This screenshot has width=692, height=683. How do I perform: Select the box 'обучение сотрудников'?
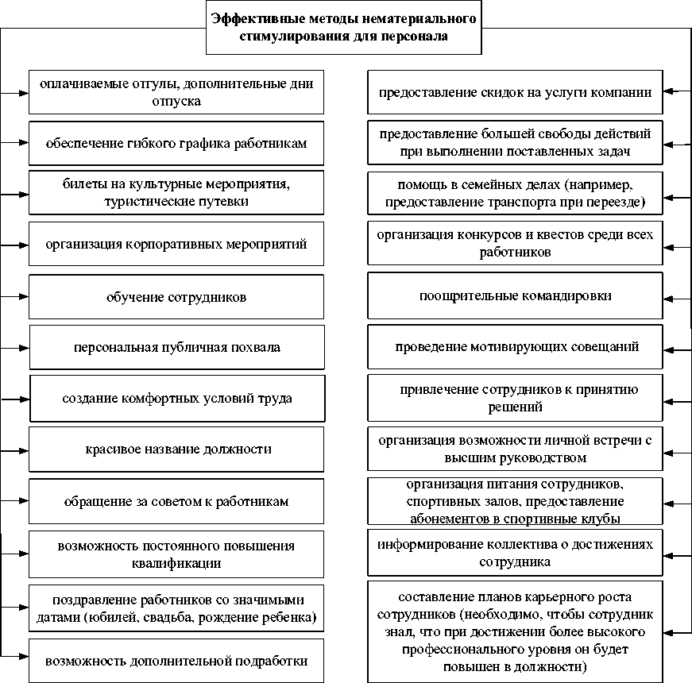tap(176, 297)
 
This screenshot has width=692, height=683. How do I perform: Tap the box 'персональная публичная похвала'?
tap(177, 347)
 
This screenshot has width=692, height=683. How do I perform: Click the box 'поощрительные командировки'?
tap(515, 296)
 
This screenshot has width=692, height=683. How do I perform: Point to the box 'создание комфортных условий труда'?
tap(177, 398)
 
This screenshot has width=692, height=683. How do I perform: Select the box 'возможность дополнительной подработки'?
tap(176, 660)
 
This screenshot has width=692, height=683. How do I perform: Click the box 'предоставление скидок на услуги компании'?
tap(515, 91)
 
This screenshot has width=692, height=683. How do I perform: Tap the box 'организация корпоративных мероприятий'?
tap(176, 244)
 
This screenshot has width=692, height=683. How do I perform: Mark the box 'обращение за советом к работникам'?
tap(176, 501)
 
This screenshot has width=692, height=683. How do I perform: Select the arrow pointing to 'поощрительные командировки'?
tap(675, 296)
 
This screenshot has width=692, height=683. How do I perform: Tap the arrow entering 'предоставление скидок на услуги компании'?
tap(675, 91)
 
